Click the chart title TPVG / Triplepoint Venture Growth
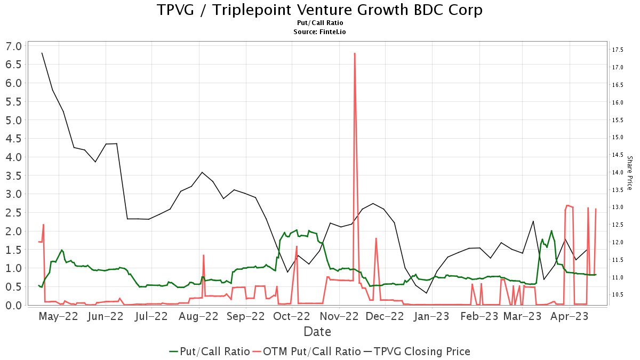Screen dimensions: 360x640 319,10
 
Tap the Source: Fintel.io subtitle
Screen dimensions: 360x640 319,32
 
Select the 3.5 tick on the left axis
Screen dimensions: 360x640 14,175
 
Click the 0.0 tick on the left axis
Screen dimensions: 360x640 14,305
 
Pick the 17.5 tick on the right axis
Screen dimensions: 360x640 618,50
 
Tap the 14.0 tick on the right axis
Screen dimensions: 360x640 618,172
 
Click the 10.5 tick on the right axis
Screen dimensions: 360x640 618,294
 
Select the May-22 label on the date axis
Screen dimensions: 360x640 59,316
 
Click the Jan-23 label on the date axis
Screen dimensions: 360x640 431,316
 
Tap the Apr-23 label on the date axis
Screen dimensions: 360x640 569,316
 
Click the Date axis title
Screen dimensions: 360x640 317,332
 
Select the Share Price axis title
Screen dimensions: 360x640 629,173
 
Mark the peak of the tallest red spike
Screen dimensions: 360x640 355,53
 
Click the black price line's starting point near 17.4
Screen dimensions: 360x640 42,53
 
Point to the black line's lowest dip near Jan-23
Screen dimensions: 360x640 426,293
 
